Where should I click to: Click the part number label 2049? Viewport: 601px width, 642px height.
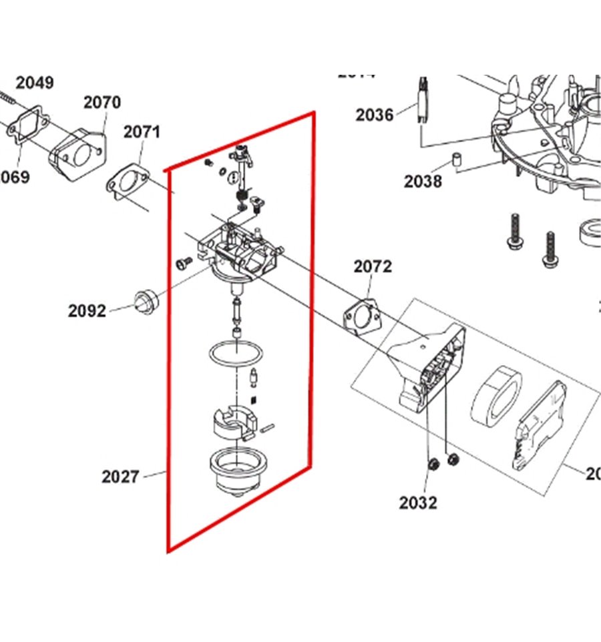(35, 83)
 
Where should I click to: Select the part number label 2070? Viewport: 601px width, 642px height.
(102, 102)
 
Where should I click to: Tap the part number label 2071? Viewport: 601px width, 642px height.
(142, 131)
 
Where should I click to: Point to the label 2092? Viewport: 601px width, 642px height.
(87, 310)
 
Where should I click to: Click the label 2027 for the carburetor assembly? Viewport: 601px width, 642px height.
(120, 476)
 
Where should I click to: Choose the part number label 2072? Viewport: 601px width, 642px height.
(373, 266)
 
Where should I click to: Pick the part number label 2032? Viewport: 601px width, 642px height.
(418, 503)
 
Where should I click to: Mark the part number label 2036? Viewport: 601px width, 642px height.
(375, 115)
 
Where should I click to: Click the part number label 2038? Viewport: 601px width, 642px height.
(423, 180)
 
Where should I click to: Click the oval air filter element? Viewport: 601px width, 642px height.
(497, 396)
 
